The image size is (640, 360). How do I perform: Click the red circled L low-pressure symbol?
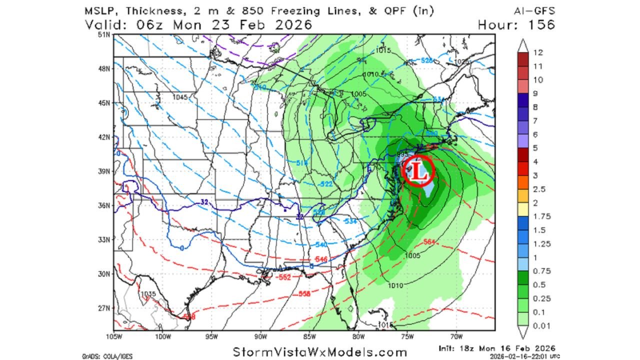[x=418, y=170]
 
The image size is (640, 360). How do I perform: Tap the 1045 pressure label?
[x=180, y=97]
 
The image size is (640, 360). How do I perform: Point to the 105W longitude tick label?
[x=114, y=336]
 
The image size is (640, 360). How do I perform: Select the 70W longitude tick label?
[x=456, y=336]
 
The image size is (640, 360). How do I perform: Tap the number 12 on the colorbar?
[x=538, y=52]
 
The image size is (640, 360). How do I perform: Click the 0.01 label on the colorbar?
[x=542, y=326]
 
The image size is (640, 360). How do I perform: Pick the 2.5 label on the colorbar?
[x=540, y=189]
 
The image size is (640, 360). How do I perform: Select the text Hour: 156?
[x=516, y=24]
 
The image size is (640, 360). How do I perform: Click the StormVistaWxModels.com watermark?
[x=320, y=352]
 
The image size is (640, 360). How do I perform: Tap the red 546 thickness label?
[x=321, y=259]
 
